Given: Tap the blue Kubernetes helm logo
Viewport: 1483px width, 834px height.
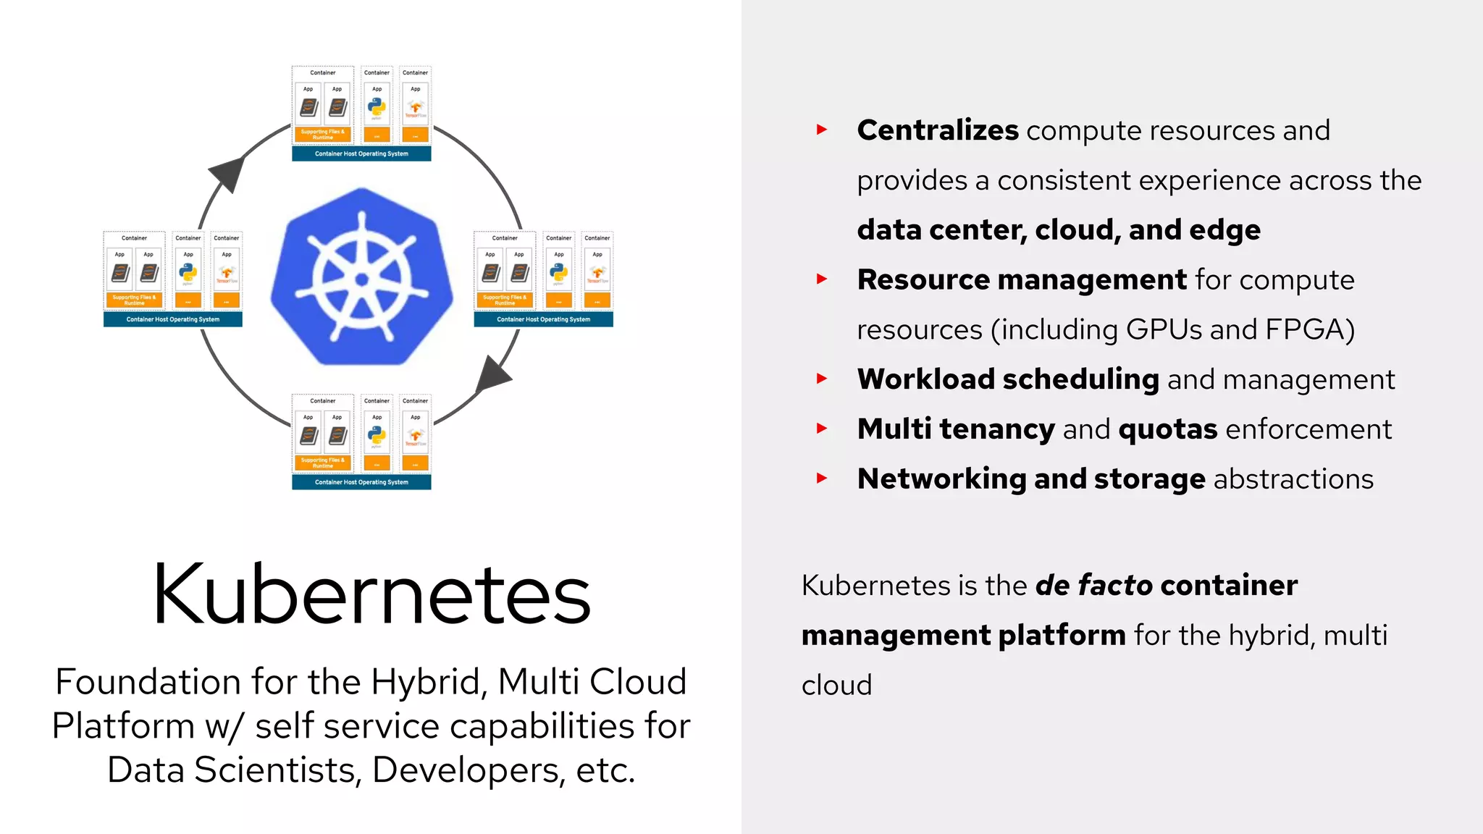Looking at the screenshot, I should (361, 277).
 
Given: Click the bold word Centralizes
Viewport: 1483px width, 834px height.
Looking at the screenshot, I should (938, 130).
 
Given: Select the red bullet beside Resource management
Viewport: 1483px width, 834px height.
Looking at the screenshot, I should (822, 279).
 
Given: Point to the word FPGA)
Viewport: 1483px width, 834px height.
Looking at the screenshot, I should (1309, 329).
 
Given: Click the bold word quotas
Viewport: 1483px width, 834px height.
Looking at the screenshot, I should (1167, 429).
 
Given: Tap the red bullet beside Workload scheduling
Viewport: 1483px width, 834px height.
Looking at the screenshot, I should (822, 378).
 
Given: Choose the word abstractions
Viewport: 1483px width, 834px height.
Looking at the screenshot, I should (1293, 479).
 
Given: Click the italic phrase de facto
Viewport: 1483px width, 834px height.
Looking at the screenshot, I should (1093, 585).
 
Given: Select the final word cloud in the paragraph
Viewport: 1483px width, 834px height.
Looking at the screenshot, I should (836, 685).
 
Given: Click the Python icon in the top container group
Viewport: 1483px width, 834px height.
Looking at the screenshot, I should (377, 107).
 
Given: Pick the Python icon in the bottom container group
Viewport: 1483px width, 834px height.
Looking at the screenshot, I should (377, 435).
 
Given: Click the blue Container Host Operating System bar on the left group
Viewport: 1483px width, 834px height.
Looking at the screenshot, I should (172, 319).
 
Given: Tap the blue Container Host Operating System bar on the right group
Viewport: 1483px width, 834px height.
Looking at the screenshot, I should (543, 319).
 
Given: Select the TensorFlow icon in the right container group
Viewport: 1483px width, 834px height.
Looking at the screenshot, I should (597, 273).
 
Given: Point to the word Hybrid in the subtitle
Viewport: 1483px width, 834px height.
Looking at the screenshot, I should (427, 681).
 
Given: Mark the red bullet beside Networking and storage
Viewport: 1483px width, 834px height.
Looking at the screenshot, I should (822, 478).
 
